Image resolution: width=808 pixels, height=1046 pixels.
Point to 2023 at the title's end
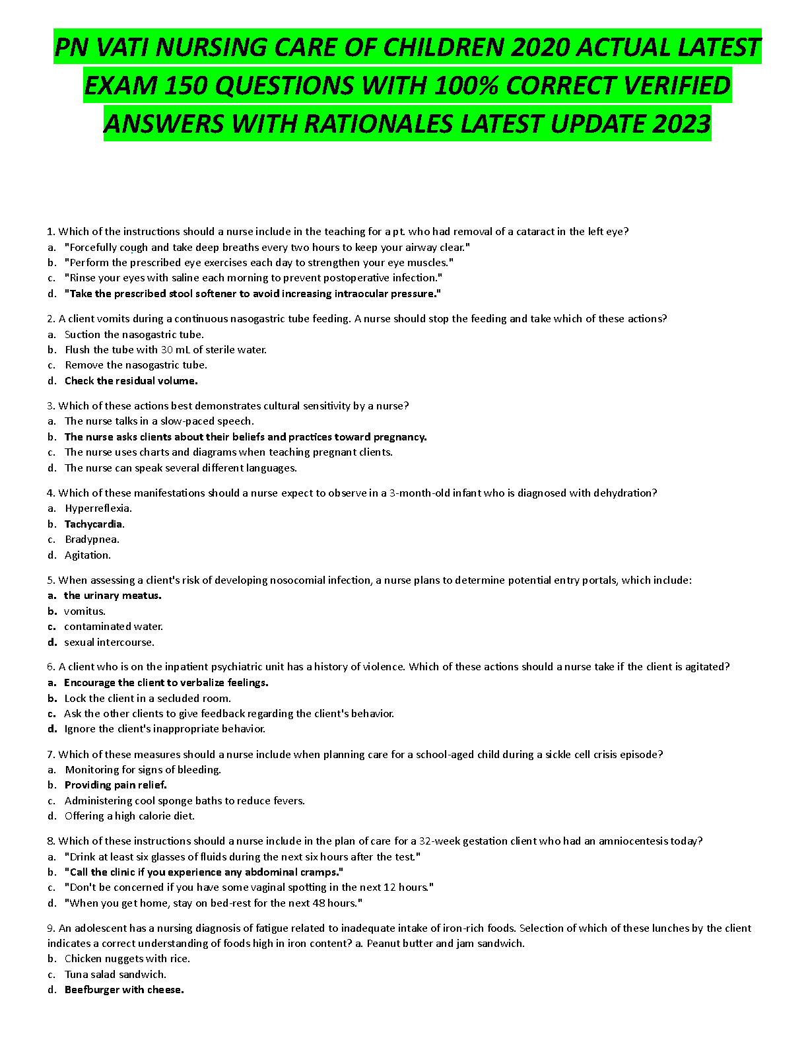click(681, 123)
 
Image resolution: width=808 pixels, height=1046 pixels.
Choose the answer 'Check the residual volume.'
click(131, 380)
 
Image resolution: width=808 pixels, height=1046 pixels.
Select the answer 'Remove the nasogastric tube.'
click(136, 365)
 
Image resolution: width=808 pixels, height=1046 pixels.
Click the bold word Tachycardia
click(94, 524)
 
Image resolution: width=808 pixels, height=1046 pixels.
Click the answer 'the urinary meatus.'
click(112, 595)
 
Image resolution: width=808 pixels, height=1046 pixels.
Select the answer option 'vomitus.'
click(84, 611)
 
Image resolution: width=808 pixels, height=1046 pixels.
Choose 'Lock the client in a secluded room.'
click(147, 698)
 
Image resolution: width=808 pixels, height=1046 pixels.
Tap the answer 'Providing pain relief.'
click(116, 784)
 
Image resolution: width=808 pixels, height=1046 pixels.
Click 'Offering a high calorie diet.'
click(129, 816)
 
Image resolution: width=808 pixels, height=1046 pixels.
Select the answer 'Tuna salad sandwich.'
click(116, 974)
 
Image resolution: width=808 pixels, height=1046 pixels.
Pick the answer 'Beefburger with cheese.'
click(124, 989)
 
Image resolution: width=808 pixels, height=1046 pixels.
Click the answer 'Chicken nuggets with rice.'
click(127, 958)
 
